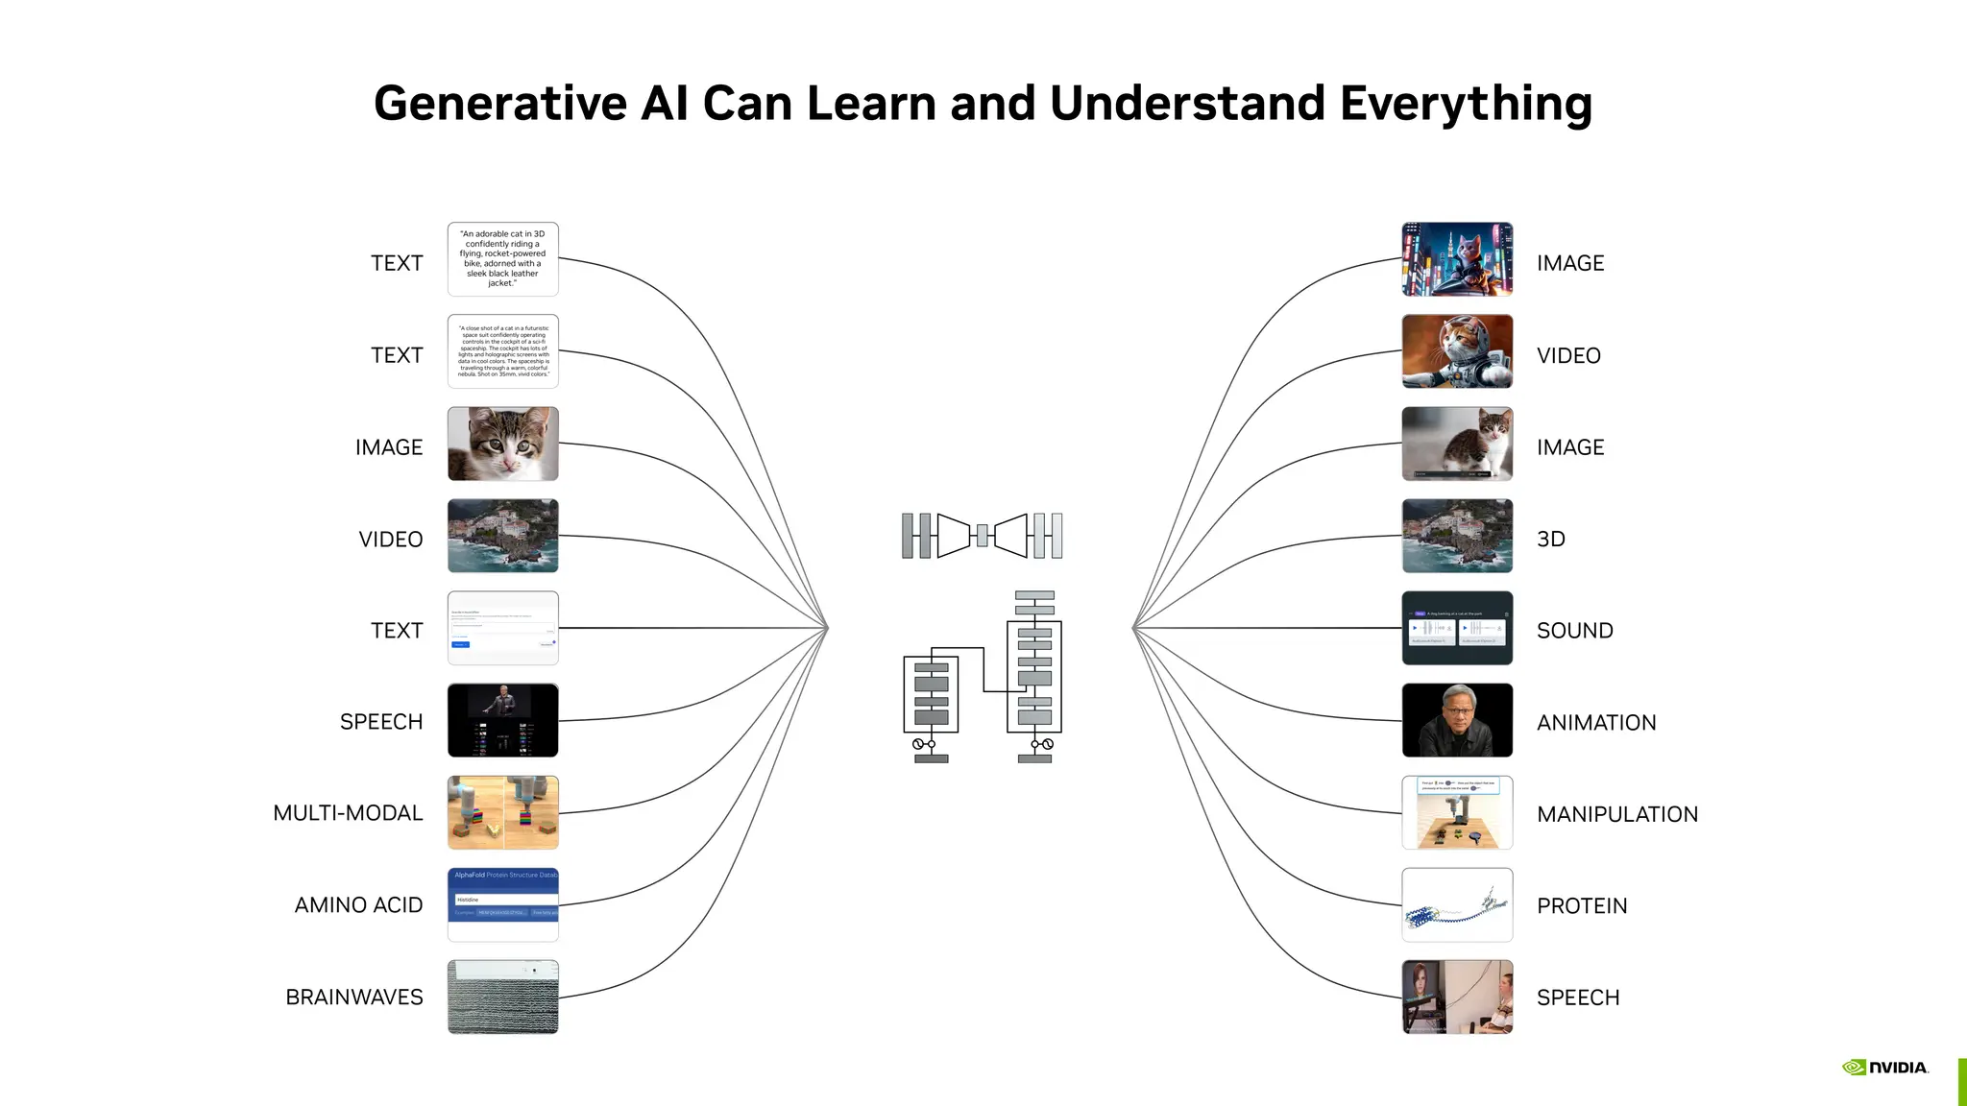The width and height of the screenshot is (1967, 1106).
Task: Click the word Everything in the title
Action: [1466, 104]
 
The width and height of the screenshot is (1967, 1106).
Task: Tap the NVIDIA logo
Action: [1885, 1068]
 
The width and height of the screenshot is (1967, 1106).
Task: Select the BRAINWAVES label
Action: [353, 998]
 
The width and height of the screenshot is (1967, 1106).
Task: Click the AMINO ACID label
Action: [358, 905]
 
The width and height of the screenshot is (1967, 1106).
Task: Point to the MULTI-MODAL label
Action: [348, 813]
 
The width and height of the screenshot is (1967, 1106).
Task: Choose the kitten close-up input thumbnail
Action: [502, 444]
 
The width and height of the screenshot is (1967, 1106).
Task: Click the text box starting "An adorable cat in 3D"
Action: [502, 259]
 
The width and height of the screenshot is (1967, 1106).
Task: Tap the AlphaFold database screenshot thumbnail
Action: [502, 904]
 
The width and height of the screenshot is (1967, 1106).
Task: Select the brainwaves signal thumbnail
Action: [502, 997]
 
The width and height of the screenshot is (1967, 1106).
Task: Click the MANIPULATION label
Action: [1616, 814]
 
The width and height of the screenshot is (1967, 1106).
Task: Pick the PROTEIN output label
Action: [1581, 906]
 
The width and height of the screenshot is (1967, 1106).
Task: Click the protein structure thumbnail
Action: [1457, 905]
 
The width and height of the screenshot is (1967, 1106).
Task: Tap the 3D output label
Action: [1550, 539]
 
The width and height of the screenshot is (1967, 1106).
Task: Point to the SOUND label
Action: [1574, 631]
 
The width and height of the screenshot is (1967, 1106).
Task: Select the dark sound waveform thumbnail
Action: [1457, 628]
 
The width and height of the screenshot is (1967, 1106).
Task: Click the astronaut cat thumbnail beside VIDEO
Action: [1457, 351]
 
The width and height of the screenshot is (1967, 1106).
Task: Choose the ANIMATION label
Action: [1595, 723]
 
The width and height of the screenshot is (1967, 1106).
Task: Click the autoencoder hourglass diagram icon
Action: [982, 536]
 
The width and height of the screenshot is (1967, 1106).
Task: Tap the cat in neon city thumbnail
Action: [1457, 259]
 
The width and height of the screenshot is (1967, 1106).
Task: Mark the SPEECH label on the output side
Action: [1577, 998]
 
